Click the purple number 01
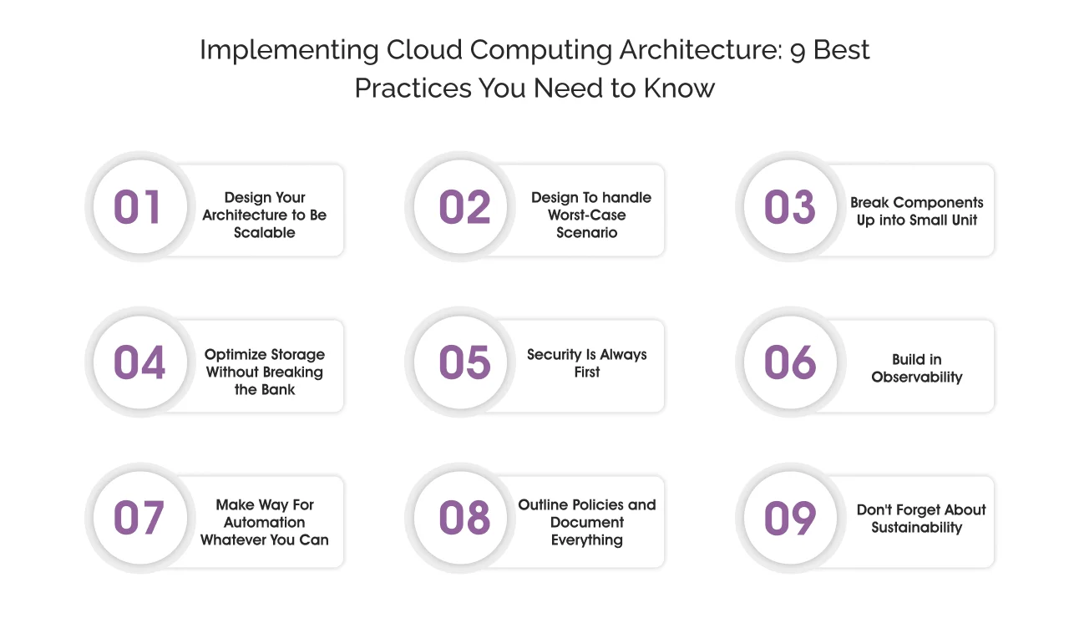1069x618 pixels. point(138,207)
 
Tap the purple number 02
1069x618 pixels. point(464,207)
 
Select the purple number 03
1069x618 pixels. point(789,207)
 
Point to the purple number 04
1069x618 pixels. point(139,363)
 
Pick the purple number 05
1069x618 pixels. point(464,363)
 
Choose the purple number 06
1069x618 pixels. point(789,363)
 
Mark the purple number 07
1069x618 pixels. point(139,519)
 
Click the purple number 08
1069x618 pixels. point(464,519)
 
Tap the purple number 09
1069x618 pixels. point(789,519)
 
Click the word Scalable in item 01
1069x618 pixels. point(265,233)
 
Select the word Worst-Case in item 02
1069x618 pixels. point(587,215)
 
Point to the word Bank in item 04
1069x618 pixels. point(277,390)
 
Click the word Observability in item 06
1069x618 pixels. point(917,377)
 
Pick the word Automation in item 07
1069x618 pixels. point(265,523)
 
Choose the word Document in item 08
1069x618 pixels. point(587,523)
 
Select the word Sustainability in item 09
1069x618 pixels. point(917,528)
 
